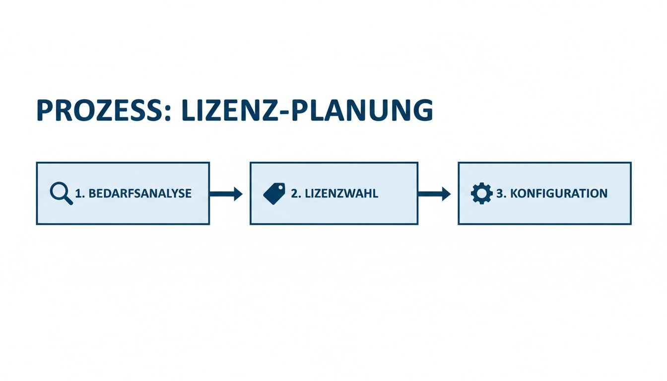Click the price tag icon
tap(274, 193)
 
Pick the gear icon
tap(481, 193)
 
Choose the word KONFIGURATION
tap(558, 193)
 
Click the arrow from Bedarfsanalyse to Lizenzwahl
tap(226, 193)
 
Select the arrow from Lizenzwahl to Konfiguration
tap(434, 193)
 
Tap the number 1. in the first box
tap(79, 193)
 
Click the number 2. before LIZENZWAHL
tap(296, 193)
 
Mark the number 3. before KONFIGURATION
tap(501, 193)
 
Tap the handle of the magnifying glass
tap(68, 200)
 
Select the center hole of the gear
tap(481, 193)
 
